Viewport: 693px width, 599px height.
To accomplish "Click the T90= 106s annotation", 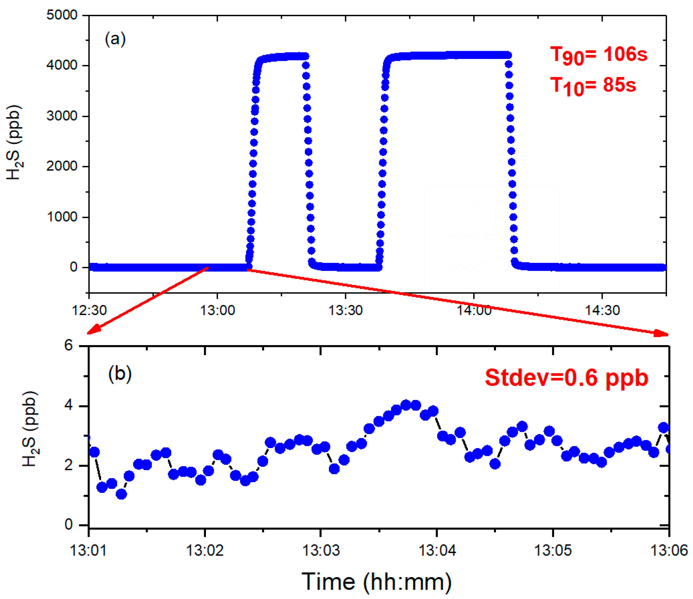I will pos(598,55).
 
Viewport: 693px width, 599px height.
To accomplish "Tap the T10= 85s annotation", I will pos(593,86).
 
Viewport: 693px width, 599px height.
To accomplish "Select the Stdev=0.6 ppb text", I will pos(567,378).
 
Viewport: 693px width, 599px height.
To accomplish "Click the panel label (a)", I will pos(115,39).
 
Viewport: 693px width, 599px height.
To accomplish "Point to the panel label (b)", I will pos(120,373).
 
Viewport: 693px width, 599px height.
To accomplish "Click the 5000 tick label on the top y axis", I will pos(62,15).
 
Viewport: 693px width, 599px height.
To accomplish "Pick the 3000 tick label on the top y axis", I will pos(62,116).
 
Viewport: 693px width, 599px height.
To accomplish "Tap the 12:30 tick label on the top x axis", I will pos(89,310).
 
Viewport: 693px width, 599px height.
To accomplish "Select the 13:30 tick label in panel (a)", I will pos(345,310).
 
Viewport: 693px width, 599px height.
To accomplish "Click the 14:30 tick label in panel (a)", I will pos(602,310).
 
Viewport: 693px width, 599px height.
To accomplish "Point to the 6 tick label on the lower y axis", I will pos(69,345).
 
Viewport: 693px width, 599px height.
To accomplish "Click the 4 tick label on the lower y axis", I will pos(69,406).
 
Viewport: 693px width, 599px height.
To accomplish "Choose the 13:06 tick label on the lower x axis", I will pos(669,551).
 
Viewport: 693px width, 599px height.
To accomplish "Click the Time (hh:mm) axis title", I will pos(376,582).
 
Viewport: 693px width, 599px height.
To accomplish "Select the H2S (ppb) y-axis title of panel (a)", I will pos(14,142).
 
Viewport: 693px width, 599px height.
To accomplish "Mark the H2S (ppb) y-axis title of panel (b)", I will pos(30,429).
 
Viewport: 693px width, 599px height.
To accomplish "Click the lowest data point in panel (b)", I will pos(121,494).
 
